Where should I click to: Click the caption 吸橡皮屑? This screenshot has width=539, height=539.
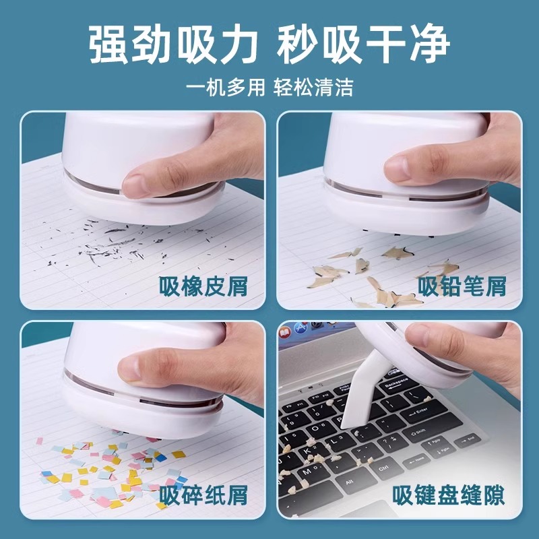point(203,286)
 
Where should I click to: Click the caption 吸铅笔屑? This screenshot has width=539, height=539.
point(462,286)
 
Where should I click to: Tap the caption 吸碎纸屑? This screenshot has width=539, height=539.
point(203,495)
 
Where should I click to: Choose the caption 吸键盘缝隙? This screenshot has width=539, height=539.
point(450,495)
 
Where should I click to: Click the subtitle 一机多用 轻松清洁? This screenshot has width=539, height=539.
point(269,88)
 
